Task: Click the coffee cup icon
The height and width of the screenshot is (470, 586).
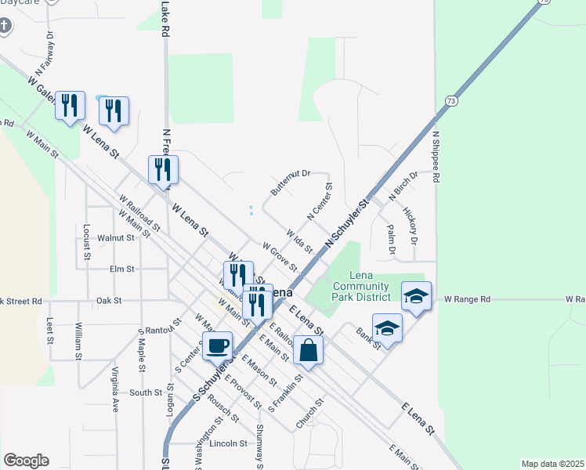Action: (217, 345)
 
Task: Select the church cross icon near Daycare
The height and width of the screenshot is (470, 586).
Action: (5, 27)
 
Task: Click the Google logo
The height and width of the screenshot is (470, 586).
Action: (26, 461)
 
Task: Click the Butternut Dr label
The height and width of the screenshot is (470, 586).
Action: (291, 183)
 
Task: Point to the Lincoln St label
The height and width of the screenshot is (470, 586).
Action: (229, 443)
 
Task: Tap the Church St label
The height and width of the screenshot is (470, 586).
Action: (309, 413)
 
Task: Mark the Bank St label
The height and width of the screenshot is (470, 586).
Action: (368, 338)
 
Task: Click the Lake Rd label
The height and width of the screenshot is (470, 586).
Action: (165, 20)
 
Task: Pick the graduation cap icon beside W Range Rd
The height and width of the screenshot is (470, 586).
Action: (416, 296)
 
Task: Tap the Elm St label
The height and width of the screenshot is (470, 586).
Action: (123, 269)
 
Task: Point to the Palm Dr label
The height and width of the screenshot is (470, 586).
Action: (391, 239)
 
